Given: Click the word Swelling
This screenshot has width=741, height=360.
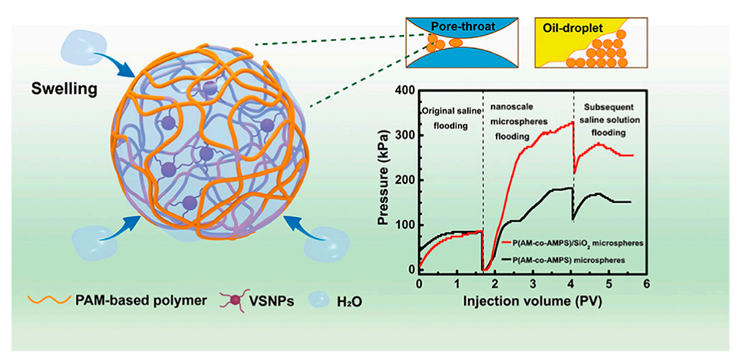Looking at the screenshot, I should [x=64, y=88].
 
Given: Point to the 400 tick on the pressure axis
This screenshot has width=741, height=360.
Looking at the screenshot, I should [x=404, y=90].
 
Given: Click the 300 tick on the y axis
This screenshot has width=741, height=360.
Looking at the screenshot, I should [x=404, y=135].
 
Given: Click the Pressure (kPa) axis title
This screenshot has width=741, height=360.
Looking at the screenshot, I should [x=383, y=179].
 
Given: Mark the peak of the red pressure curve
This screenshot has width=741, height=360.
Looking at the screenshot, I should [x=572, y=122].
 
